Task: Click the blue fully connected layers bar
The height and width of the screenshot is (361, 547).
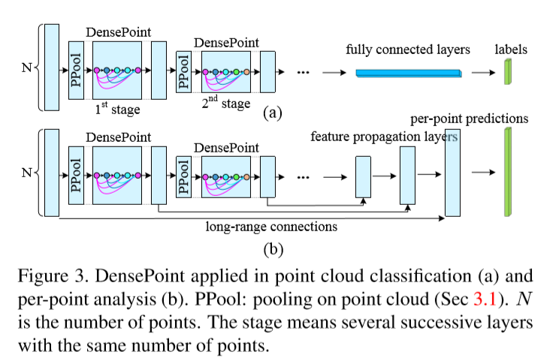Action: (x=406, y=73)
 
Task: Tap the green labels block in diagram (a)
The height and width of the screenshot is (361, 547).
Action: (x=507, y=70)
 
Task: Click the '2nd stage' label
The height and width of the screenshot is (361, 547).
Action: (x=225, y=102)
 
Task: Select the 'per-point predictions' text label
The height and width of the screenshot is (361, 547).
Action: (x=469, y=119)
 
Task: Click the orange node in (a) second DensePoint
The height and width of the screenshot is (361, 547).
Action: (x=247, y=72)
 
